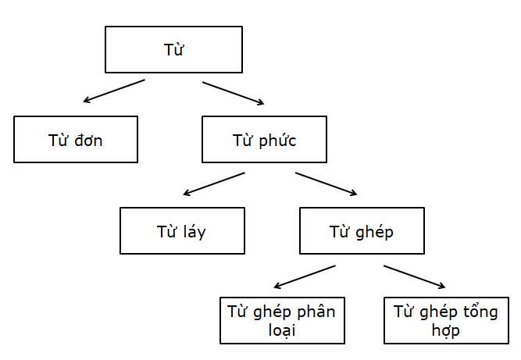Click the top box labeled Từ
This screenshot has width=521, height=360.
[x=173, y=50]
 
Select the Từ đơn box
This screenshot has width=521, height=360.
[x=75, y=140]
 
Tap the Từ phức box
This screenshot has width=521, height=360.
[x=264, y=140]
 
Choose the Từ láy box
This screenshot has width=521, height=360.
[x=182, y=231]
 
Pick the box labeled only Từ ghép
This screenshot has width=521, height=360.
[x=362, y=231]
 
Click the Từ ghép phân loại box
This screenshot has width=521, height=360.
[x=281, y=320]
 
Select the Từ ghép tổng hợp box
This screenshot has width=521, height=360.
[x=445, y=320]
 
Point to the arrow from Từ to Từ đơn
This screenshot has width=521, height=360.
[x=114, y=91]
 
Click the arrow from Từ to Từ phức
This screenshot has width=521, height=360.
[x=234, y=92]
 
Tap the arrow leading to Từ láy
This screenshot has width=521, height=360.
[x=213, y=184]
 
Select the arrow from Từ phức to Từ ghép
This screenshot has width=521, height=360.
[x=327, y=184]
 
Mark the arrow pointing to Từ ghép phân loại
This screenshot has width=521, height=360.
[x=305, y=276]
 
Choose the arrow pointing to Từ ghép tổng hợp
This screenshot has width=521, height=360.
[x=415, y=276]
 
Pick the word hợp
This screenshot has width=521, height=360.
[x=445, y=330]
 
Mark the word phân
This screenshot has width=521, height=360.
[x=316, y=313]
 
